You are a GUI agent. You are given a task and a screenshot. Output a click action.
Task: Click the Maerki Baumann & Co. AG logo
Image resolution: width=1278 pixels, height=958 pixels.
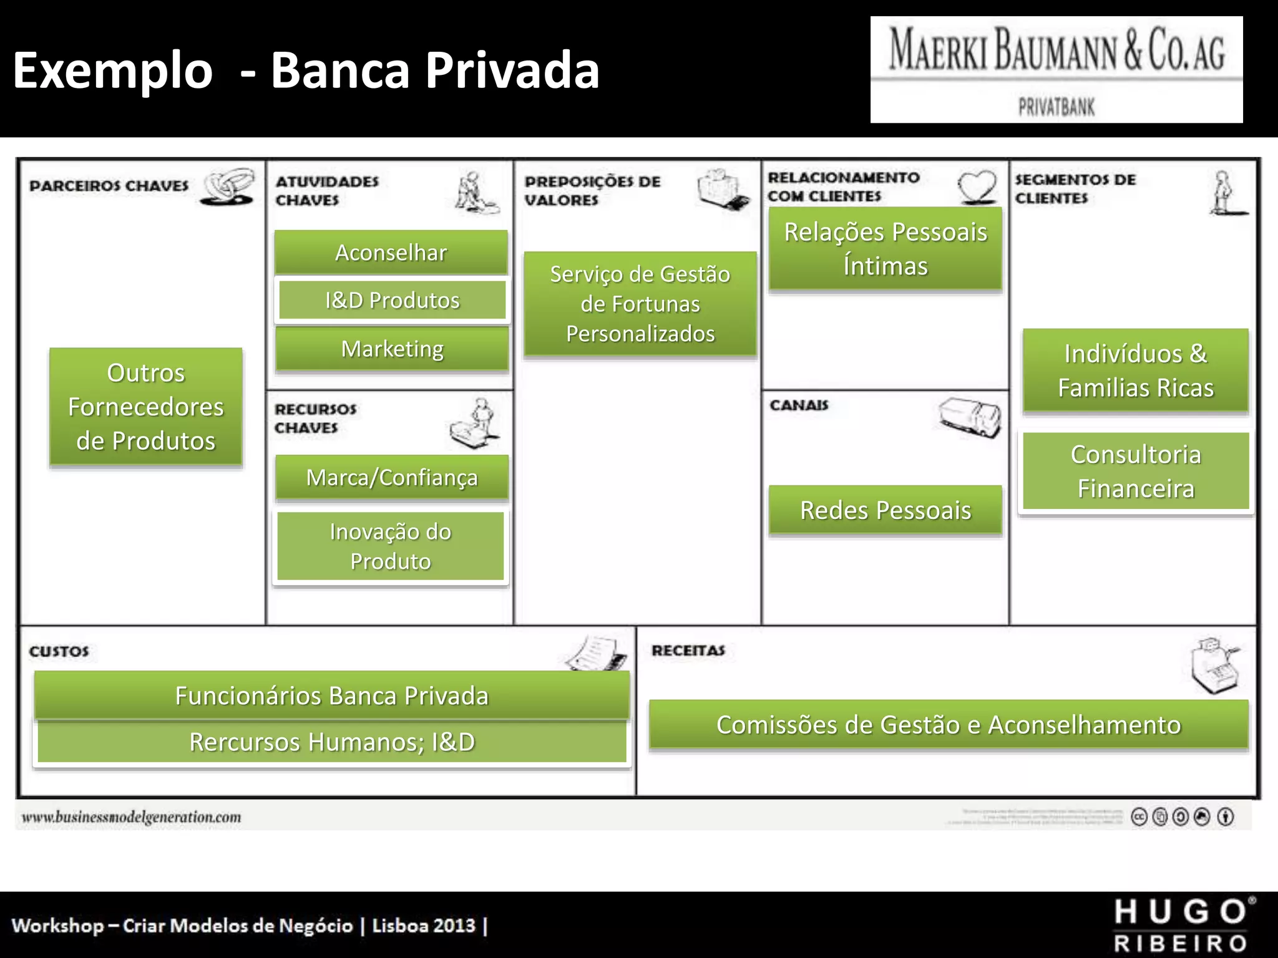(x=1056, y=69)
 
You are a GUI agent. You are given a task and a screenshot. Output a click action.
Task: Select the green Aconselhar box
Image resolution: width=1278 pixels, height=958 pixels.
(x=391, y=253)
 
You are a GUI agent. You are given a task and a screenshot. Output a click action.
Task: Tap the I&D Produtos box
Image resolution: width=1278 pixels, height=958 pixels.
(x=392, y=300)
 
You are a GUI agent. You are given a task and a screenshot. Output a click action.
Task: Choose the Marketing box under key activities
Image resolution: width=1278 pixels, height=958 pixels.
(x=392, y=349)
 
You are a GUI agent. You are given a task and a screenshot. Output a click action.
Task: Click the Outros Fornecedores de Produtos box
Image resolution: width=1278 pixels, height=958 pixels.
(x=146, y=407)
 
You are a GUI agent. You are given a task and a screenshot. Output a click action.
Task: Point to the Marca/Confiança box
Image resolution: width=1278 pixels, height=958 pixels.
(x=392, y=478)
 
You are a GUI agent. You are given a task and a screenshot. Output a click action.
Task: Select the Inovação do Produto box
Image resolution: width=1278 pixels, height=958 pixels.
(x=391, y=546)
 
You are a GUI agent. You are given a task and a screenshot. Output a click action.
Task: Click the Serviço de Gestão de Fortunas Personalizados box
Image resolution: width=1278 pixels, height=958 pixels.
(x=640, y=304)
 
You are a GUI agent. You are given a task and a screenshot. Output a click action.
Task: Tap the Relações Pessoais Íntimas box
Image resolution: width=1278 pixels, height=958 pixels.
(x=885, y=249)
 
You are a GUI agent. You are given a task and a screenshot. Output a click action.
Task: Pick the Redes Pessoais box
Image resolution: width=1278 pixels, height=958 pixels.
(x=885, y=510)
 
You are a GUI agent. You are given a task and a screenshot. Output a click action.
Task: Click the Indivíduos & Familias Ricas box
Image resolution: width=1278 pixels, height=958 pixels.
(x=1136, y=370)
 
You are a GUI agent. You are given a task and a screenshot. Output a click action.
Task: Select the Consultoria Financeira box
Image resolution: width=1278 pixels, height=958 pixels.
(x=1136, y=472)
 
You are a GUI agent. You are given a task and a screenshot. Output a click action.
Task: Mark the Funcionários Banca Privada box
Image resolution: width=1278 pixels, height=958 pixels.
(x=331, y=695)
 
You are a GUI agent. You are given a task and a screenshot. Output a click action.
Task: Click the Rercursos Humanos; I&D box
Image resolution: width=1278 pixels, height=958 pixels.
(x=332, y=742)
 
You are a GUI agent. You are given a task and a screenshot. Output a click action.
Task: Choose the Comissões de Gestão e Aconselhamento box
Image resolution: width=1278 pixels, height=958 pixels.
(x=949, y=725)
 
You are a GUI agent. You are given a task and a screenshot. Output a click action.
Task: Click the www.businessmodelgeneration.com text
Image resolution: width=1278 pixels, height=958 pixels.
(x=132, y=817)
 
